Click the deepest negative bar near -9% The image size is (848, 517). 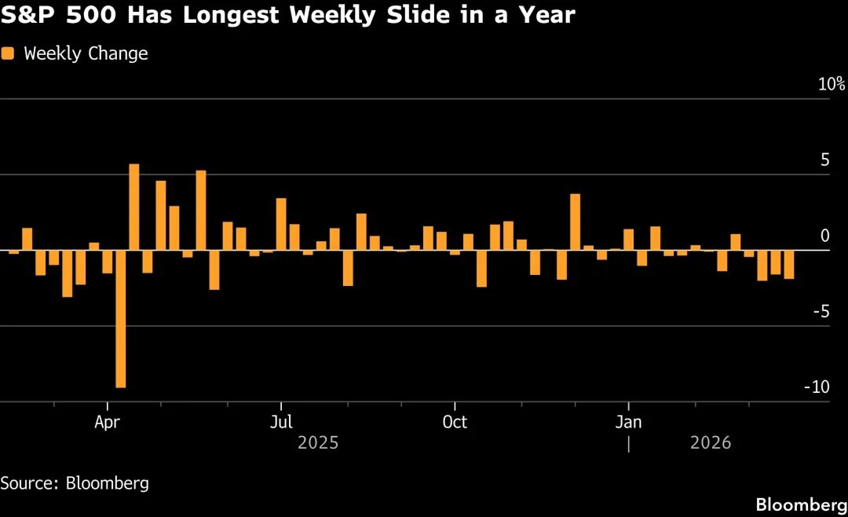pos(120,318)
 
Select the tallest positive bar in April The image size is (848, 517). pos(133,207)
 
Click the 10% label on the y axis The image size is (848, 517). pos(831,84)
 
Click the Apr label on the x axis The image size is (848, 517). pos(107,422)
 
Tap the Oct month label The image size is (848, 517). pos(455,422)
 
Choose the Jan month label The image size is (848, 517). pos(628,422)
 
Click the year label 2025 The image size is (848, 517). pos(318,443)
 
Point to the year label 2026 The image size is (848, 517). pos(711,443)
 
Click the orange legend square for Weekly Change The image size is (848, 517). pos(8,53)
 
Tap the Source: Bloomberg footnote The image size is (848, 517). pos(75,483)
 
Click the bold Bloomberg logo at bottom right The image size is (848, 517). pos(801,503)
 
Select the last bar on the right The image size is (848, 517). pos(788,265)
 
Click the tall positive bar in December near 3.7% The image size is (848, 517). pos(575,222)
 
